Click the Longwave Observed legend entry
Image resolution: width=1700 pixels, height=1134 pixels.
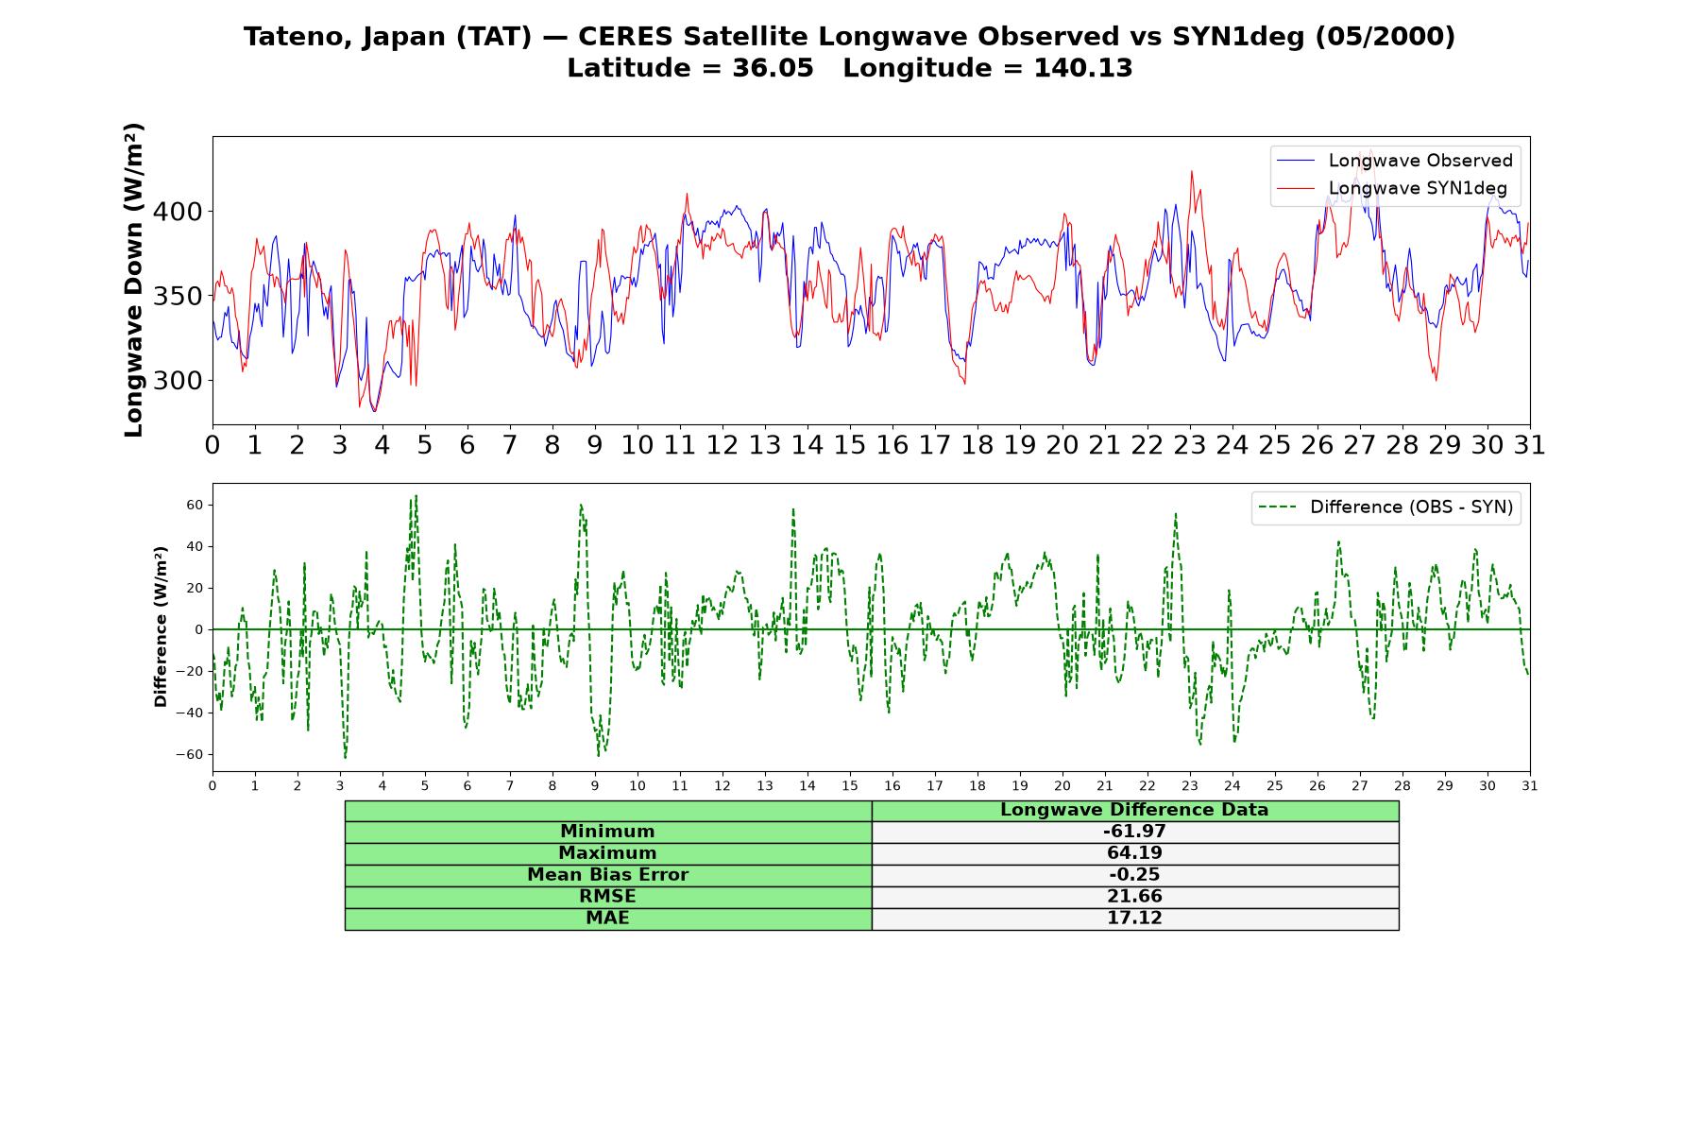[x=1394, y=161]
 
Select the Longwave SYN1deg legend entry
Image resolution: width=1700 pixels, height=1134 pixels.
[x=1392, y=188]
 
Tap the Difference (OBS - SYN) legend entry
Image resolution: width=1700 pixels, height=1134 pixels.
[x=1385, y=507]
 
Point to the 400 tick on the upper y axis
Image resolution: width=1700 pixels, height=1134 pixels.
[x=178, y=212]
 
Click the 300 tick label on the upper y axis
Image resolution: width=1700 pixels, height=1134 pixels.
[x=178, y=381]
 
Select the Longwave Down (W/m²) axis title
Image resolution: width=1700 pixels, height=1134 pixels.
[x=133, y=280]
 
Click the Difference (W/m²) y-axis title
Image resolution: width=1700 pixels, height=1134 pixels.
[x=161, y=627]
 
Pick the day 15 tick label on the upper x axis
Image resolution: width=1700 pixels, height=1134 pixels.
[x=850, y=445]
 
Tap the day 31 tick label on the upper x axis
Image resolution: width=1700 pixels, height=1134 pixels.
[x=1530, y=445]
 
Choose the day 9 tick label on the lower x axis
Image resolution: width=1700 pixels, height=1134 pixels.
[x=595, y=785]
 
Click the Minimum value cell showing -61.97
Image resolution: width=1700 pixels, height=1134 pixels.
[x=1134, y=832]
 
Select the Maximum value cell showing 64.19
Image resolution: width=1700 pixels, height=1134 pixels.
[x=1134, y=853]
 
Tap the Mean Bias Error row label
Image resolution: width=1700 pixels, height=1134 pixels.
[x=607, y=875]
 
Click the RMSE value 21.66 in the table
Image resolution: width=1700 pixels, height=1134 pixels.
[x=1134, y=897]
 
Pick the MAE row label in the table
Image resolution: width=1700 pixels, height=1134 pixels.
[x=607, y=919]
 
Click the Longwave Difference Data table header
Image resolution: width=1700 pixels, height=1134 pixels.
[x=1134, y=810]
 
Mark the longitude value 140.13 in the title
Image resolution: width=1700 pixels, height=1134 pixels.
[x=1082, y=69]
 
